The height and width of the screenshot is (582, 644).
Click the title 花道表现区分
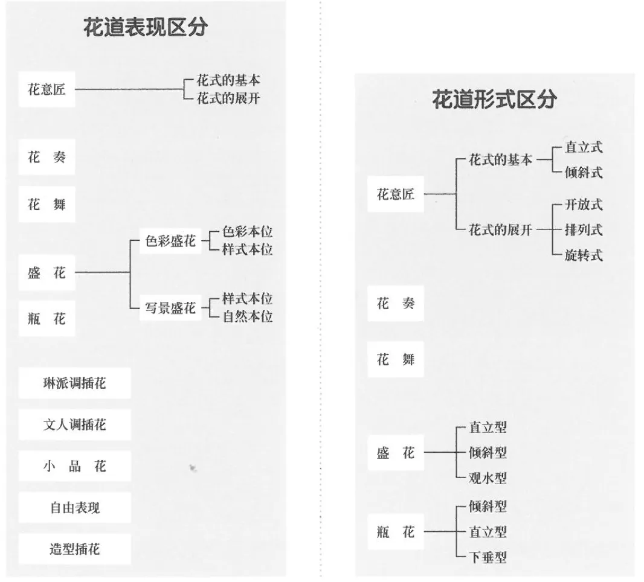(x=146, y=28)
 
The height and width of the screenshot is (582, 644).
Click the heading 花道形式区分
(x=494, y=100)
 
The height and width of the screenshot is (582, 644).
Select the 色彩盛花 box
(x=170, y=241)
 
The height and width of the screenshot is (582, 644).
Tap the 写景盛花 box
(x=170, y=308)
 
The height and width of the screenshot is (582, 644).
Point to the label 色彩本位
(x=247, y=232)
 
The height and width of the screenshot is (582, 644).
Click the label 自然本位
(x=247, y=316)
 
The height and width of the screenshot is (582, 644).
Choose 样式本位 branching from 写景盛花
(x=247, y=299)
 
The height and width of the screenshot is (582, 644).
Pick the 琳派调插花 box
(x=74, y=383)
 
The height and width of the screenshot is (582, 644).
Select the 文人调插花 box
(x=74, y=424)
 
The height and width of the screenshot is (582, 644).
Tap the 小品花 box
(x=74, y=466)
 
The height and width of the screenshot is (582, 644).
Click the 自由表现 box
(x=74, y=508)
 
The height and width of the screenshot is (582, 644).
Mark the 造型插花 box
(x=74, y=549)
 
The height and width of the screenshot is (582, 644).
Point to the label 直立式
(x=584, y=147)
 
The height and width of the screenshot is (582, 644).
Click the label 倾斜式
(x=584, y=173)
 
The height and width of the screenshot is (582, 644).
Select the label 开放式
(x=584, y=205)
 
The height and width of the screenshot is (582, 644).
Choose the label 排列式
(x=584, y=230)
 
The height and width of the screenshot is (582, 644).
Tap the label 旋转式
(x=584, y=255)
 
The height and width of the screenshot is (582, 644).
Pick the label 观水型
(x=488, y=479)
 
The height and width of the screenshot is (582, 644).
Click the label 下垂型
(x=488, y=557)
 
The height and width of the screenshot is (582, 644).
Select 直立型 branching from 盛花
(x=488, y=427)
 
